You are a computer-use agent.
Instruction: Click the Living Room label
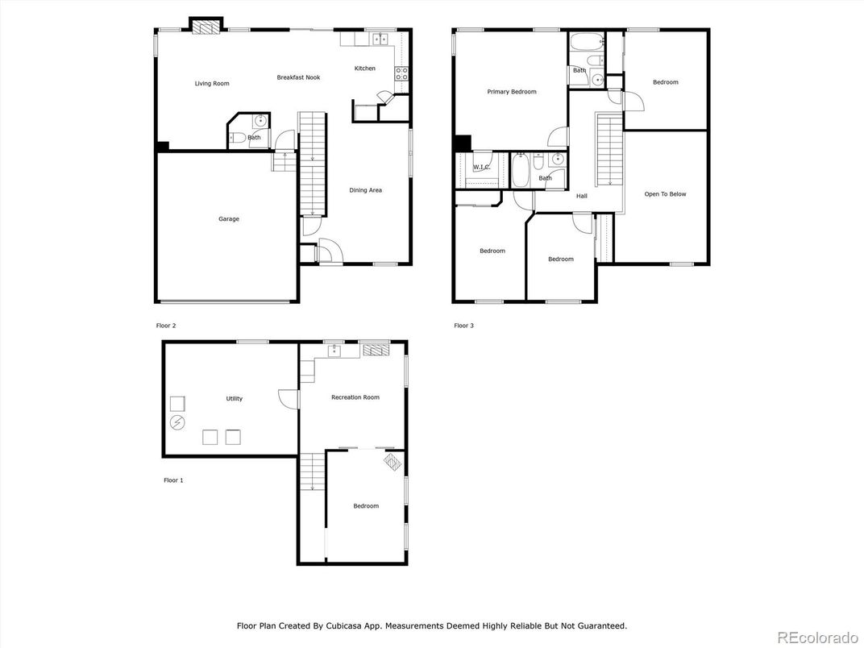point(212,84)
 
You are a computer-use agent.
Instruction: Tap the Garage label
point(229,218)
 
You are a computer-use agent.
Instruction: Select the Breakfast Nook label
point(299,77)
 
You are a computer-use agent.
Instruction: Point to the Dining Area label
point(365,191)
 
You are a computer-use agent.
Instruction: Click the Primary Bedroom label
point(511,92)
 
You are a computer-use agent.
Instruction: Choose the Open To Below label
point(665,194)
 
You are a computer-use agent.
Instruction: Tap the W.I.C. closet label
point(482,168)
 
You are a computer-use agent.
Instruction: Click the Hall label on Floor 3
point(581,196)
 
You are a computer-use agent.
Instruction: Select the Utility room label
point(235,399)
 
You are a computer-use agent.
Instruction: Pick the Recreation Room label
point(355,397)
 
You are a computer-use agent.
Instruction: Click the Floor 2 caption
point(166,326)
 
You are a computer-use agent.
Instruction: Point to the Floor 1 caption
point(173,480)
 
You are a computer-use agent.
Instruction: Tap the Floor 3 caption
point(464,326)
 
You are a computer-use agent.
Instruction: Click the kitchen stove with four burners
point(401,74)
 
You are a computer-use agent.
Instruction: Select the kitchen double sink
point(380,39)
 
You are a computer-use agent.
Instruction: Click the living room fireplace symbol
point(206,27)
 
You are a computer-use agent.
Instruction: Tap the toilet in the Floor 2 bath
point(239,139)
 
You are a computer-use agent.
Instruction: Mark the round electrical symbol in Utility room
point(177,423)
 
